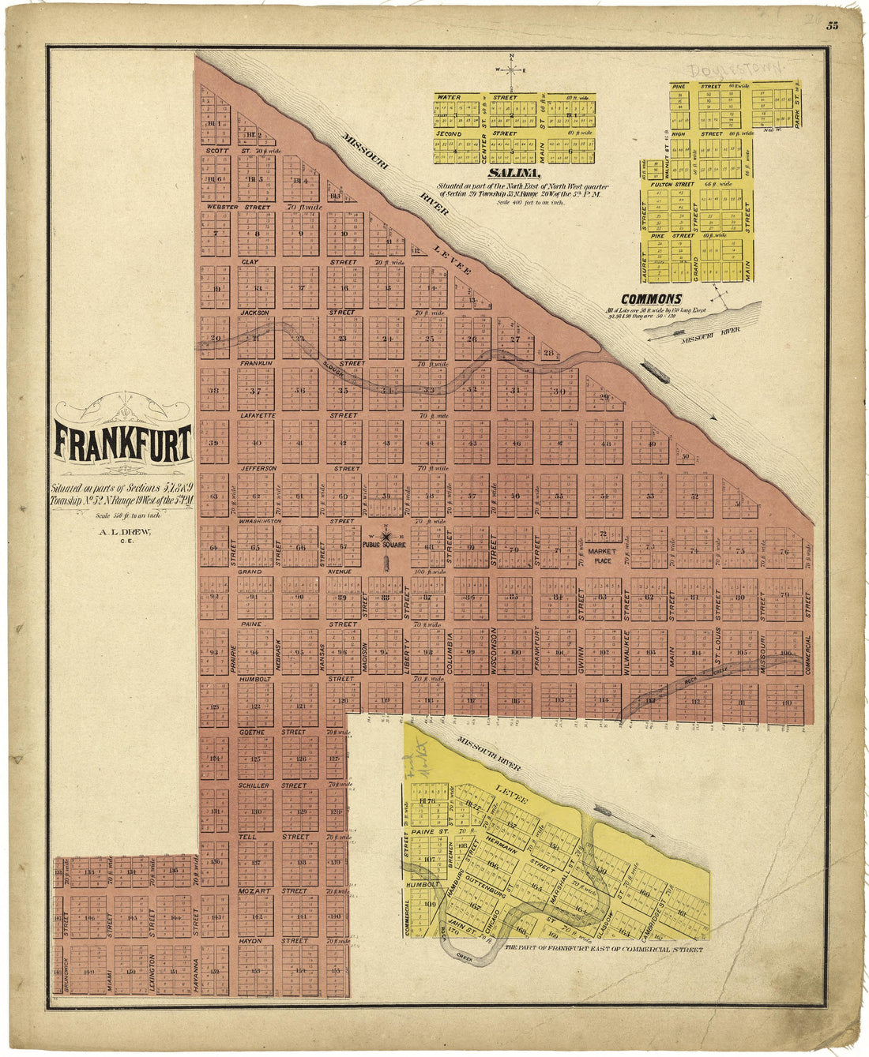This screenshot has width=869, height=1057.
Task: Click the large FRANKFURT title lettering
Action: (122, 444)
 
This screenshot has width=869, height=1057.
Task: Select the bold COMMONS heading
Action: (651, 299)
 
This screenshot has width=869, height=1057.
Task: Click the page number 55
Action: (832, 25)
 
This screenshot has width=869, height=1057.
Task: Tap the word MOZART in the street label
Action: (254, 890)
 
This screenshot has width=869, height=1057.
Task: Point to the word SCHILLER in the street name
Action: (254, 785)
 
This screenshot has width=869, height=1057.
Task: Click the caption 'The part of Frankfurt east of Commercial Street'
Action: (604, 950)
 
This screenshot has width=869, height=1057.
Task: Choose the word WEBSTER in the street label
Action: (222, 207)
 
